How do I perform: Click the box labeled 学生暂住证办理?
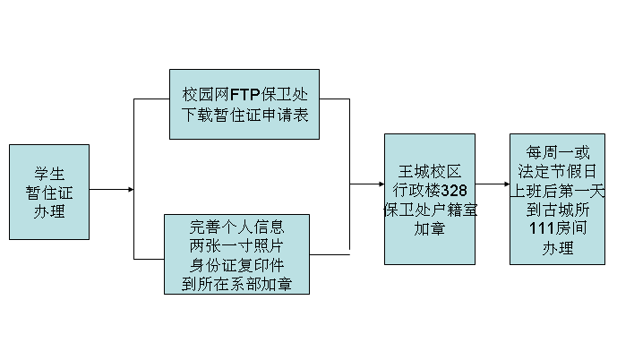coord(49,191)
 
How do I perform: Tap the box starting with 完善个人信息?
coord(236,254)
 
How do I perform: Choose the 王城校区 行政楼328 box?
coord(429,199)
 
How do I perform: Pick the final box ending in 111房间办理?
coord(557,199)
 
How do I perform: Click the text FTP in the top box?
coord(244,93)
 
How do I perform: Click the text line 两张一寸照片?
coord(236,244)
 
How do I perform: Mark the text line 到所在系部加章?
coord(236,285)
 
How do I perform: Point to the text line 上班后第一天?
coord(557,190)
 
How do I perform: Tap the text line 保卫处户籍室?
coord(429,210)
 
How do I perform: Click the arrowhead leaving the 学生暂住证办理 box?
coord(131,190)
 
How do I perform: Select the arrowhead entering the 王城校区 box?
coord(381,184)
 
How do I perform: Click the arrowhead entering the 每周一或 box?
coord(506,184)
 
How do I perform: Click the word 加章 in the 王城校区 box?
coord(429,229)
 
